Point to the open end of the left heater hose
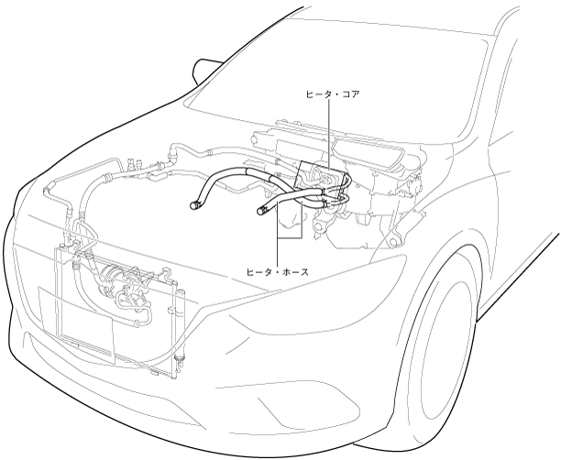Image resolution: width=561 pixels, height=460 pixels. (x=194, y=204)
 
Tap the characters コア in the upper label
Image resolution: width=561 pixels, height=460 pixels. (x=351, y=94)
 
